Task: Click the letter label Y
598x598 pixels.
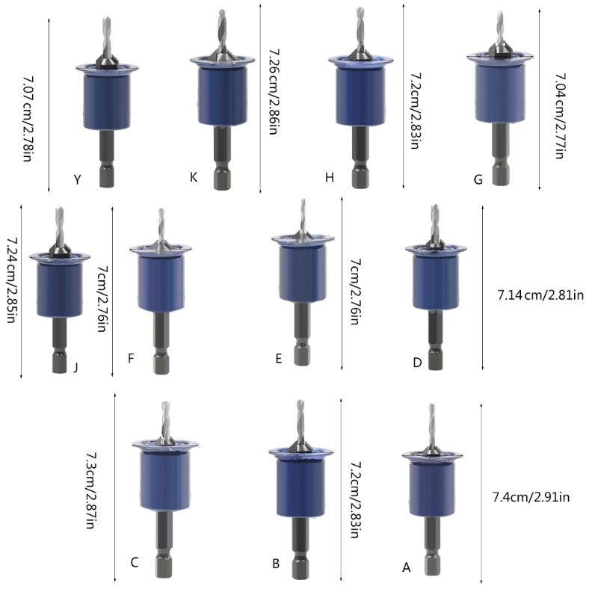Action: tap(77, 179)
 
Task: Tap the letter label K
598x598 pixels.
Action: tap(194, 177)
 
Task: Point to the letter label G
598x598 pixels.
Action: tap(478, 179)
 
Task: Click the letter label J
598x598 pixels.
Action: tap(75, 366)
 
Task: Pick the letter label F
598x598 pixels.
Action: tap(131, 358)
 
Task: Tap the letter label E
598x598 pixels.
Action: tap(278, 359)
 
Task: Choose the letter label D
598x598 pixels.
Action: tap(417, 362)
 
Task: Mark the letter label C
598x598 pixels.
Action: tap(135, 562)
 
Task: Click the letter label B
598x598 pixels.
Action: tap(276, 564)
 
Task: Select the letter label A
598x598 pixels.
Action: tap(407, 567)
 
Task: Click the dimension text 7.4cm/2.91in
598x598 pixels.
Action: tap(531, 496)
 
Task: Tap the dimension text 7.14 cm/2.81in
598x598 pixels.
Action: tap(540, 295)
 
